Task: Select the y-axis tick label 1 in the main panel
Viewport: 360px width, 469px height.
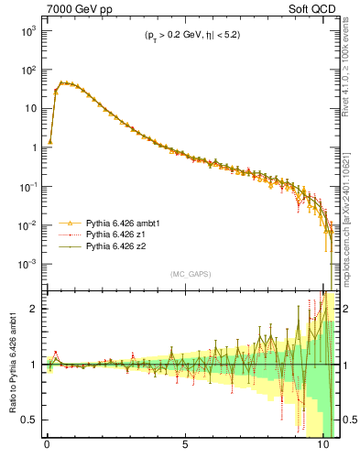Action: click(33, 147)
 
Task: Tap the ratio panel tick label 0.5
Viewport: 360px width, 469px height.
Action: click(29, 420)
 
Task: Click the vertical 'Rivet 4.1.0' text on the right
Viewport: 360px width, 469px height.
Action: click(349, 73)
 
